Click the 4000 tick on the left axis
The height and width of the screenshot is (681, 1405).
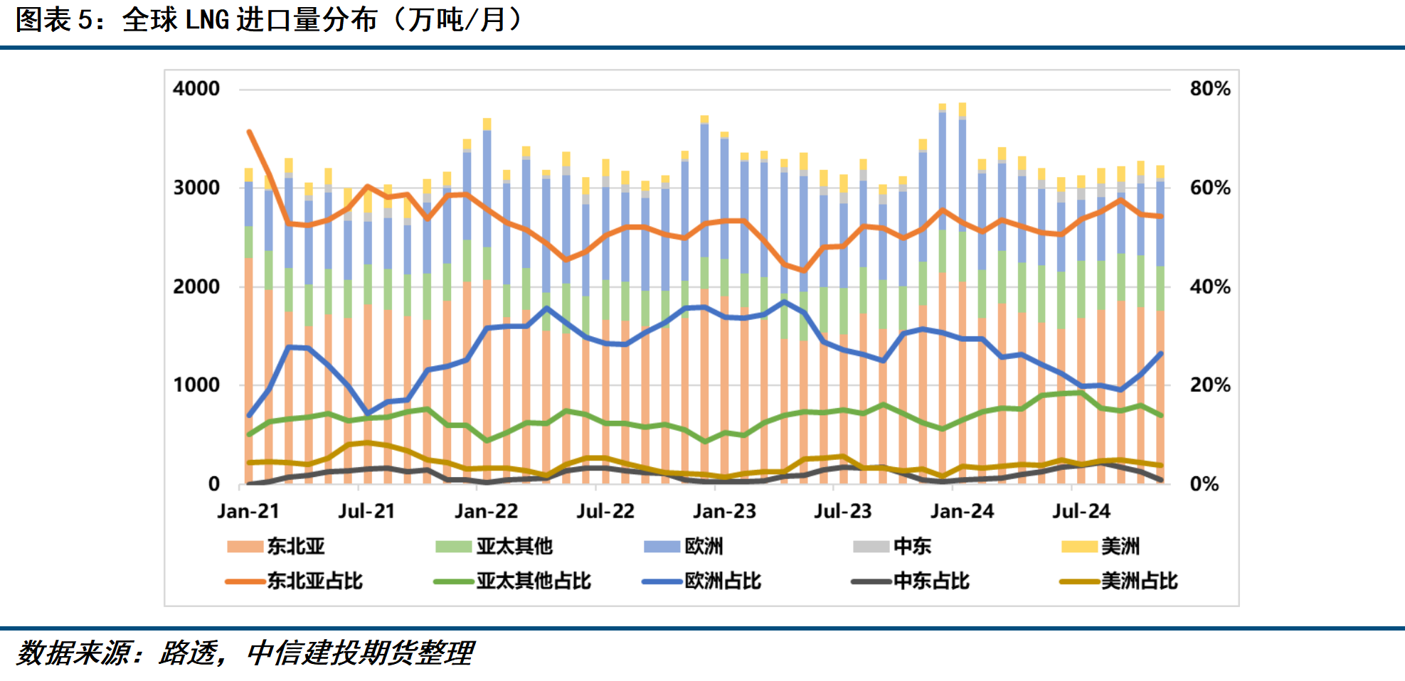pos(196,89)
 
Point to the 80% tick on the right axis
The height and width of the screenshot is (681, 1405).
pos(1209,89)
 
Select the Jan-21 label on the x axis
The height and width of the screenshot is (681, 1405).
pos(248,511)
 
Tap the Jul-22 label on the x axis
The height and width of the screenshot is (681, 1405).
pos(605,511)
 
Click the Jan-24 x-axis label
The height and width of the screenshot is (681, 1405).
pos(962,511)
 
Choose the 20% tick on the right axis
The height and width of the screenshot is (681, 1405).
pos(1209,385)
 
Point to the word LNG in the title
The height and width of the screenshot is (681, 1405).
pos(207,20)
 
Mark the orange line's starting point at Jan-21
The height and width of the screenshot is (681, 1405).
pos(249,132)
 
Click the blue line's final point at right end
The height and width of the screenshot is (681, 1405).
pos(1160,353)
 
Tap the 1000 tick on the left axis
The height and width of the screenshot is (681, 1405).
pos(196,385)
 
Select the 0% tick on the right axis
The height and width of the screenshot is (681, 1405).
pos(1204,484)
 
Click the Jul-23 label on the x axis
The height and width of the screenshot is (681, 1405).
pos(842,511)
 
